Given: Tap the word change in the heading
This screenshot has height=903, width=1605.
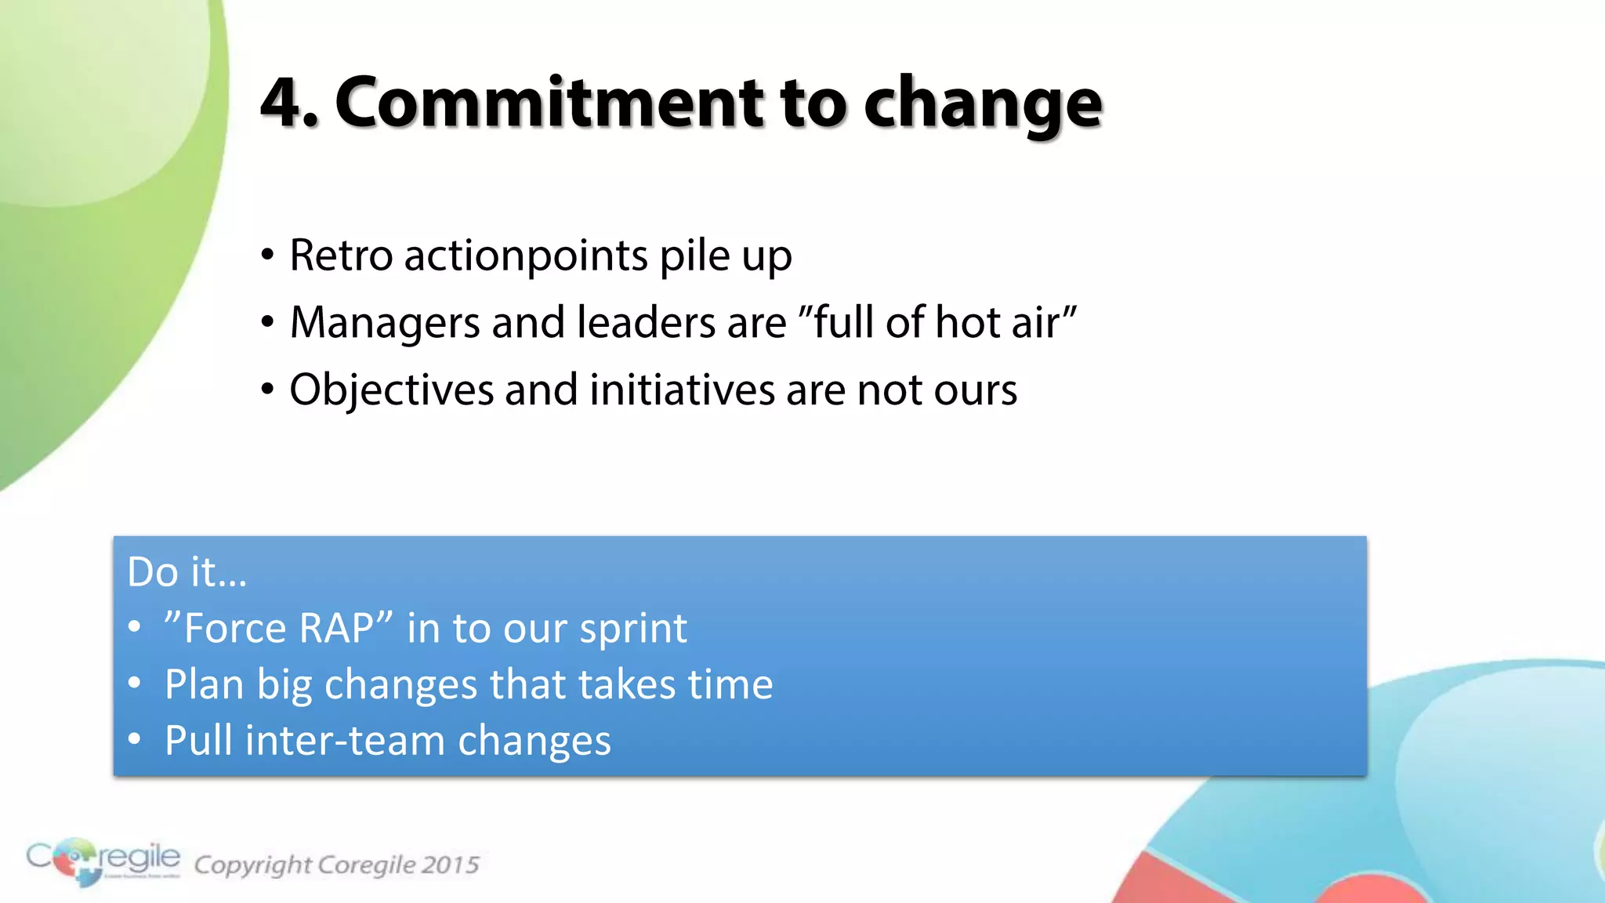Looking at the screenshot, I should (x=984, y=106).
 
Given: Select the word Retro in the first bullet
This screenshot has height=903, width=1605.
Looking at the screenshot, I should (x=341, y=256).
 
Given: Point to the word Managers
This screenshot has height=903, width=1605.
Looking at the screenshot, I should (x=384, y=323).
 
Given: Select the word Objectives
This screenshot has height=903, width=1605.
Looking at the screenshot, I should (x=391, y=390).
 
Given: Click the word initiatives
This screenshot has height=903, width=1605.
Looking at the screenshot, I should (x=682, y=390).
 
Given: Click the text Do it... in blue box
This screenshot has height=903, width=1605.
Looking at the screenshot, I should (x=187, y=571).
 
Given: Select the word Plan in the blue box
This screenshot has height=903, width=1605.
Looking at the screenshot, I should (x=204, y=684).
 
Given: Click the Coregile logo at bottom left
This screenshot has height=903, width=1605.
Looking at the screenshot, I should (x=103, y=861).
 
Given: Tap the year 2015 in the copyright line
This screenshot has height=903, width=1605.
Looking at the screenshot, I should (x=450, y=865).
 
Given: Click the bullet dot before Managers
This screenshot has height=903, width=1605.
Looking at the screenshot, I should (x=268, y=322).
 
